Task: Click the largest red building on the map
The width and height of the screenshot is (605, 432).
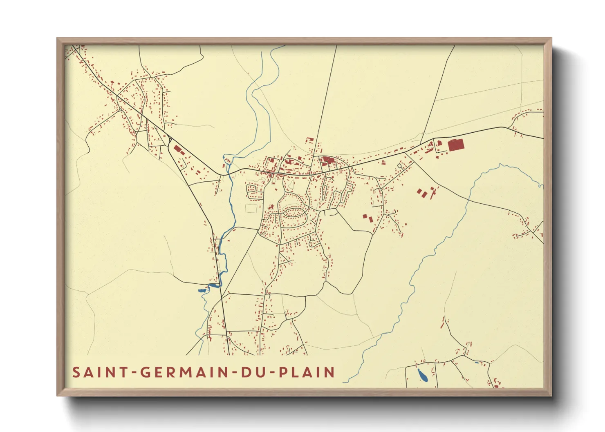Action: (x=455, y=145)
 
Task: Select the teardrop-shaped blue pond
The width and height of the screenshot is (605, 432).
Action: (x=422, y=375)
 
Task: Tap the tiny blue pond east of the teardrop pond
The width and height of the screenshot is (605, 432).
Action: (x=477, y=363)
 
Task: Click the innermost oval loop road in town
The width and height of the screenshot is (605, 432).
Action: (x=294, y=212)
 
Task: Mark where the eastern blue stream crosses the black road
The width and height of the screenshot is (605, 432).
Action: (x=468, y=200)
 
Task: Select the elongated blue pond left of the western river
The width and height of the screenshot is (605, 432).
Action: (x=202, y=290)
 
